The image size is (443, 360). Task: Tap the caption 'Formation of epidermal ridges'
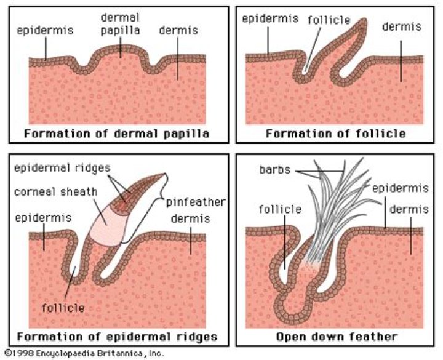click(x=117, y=337)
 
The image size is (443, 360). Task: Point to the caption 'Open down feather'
click(x=337, y=337)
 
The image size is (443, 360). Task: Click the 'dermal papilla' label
click(x=121, y=23)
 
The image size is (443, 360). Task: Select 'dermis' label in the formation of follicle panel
click(x=401, y=26)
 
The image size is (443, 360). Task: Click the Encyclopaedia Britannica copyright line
click(x=83, y=354)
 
